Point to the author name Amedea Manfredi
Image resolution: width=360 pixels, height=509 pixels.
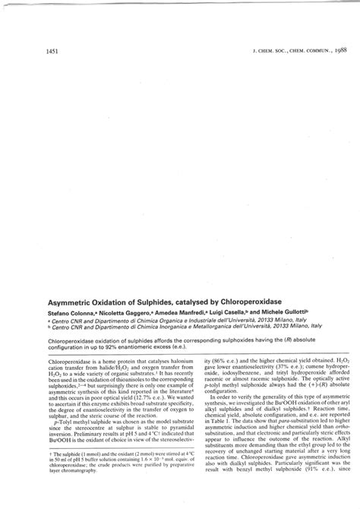pos(183,313)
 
